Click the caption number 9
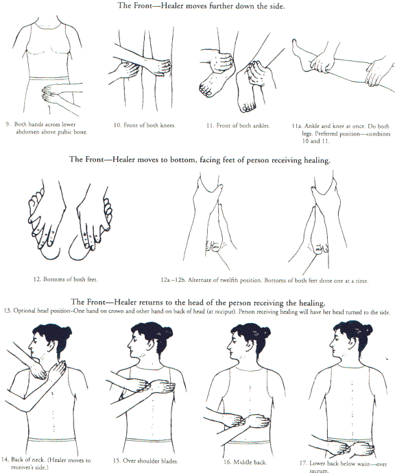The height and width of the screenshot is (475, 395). pyautogui.click(x=8, y=124)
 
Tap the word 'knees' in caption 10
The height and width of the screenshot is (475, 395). pyautogui.click(x=168, y=125)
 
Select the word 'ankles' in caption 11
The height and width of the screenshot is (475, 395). pyautogui.click(x=261, y=125)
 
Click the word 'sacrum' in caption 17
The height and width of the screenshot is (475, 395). pyautogui.click(x=318, y=471)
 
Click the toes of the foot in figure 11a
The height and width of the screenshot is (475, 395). pyautogui.click(x=294, y=44)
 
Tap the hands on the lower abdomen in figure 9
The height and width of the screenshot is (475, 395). pyautogui.click(x=50, y=92)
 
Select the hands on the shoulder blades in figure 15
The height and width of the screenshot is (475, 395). pyautogui.click(x=152, y=385)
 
